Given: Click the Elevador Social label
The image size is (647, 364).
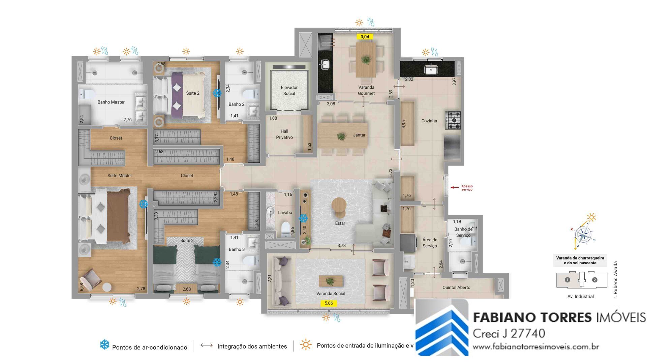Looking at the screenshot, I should (x=289, y=90).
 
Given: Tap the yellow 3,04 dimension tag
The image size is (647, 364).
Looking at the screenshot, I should (x=365, y=37).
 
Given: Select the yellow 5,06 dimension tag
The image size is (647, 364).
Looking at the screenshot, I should (x=329, y=303).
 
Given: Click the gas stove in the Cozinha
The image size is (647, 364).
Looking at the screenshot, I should (x=453, y=120).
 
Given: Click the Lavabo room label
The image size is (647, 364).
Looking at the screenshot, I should (x=285, y=212).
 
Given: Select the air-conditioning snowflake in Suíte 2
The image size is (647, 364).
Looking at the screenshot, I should (x=217, y=93).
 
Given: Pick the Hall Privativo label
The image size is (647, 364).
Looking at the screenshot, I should (x=284, y=134).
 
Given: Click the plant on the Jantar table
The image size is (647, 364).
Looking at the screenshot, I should (x=341, y=136).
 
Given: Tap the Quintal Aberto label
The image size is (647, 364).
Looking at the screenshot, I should (x=456, y=287).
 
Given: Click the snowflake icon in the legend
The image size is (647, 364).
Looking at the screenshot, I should (x=104, y=345).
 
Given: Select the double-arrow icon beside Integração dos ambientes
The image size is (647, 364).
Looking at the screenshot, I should (x=207, y=345).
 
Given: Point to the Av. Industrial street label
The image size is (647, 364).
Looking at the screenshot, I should (x=580, y=297).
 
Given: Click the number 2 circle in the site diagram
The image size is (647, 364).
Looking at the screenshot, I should (x=594, y=280).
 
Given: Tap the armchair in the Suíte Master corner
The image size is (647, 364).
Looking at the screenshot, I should (x=90, y=279).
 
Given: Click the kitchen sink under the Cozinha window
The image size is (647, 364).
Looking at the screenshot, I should (x=430, y=70).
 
